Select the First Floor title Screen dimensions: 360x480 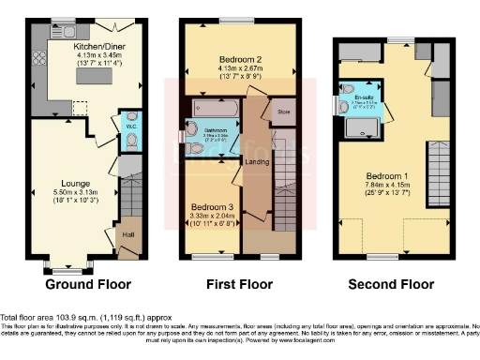tap(240, 284)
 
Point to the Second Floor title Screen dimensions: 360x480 tap(385, 284)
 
